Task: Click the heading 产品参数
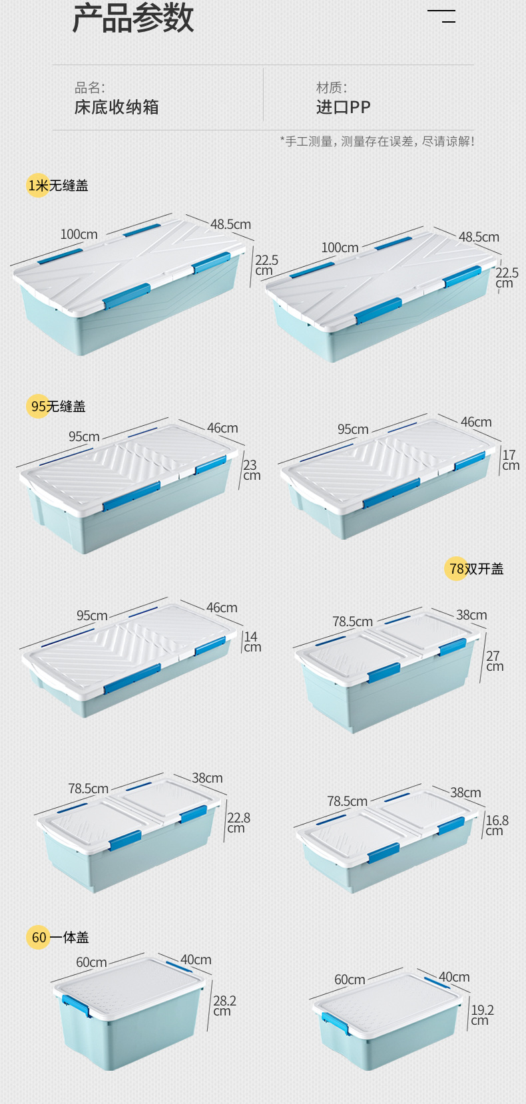click(132, 18)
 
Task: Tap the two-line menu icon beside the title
click(441, 17)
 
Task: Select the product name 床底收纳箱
click(117, 107)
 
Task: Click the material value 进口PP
click(343, 107)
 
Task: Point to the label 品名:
click(90, 87)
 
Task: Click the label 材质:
click(332, 87)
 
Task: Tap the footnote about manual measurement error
click(377, 141)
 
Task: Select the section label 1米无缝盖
click(58, 186)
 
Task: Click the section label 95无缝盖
click(58, 406)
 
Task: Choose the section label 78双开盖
click(475, 569)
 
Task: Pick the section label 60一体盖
click(59, 938)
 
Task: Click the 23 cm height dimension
click(251, 470)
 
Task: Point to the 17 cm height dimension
click(510, 460)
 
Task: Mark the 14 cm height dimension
click(252, 642)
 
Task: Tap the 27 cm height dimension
click(494, 661)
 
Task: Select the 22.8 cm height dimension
click(238, 823)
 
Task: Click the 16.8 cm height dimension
click(496, 825)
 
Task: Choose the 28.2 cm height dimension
click(224, 1006)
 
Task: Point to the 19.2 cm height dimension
click(482, 1015)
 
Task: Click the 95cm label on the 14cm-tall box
click(92, 616)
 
